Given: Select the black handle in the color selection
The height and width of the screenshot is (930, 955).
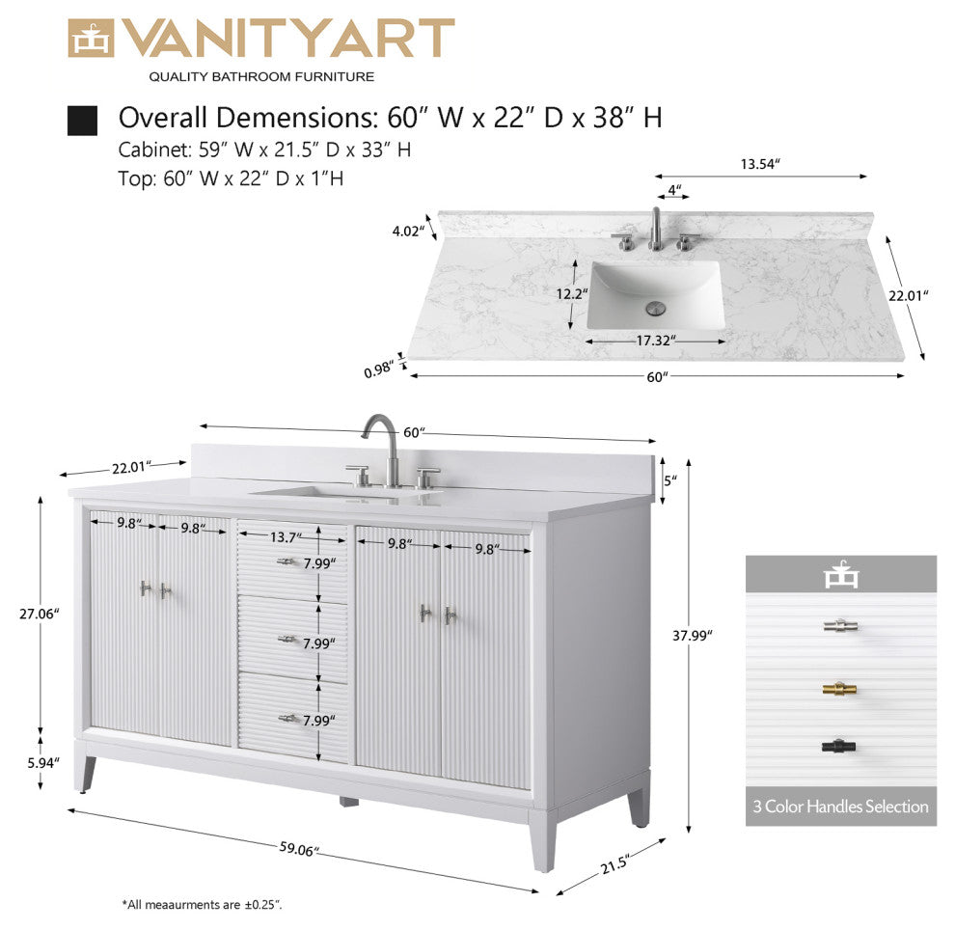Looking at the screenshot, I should click(839, 746).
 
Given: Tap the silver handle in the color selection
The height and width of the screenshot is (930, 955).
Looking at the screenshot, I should click(840, 626).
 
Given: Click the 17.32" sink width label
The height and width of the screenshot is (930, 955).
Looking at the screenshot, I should click(656, 340).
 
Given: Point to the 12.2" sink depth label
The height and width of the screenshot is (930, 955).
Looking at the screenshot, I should click(570, 293).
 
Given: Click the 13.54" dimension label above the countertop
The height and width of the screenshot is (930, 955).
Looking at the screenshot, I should click(760, 164).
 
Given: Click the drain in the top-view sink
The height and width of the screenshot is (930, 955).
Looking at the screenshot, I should click(656, 307).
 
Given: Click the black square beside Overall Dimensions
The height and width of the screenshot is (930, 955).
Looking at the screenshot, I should click(82, 121).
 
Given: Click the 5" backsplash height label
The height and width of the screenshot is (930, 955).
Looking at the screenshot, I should click(669, 479).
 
